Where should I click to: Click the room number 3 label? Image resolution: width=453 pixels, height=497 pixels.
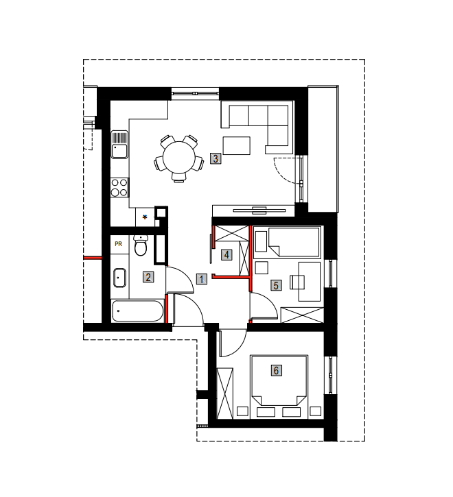coord(216,158)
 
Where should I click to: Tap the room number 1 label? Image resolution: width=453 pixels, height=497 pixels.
coord(201,279)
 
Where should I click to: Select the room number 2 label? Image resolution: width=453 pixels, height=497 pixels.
coord(148,278)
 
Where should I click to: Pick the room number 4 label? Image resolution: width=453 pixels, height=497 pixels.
coord(226,255)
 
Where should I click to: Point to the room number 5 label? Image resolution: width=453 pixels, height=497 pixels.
coord(276,285)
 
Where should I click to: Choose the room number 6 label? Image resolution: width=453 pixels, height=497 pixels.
coord(276,370)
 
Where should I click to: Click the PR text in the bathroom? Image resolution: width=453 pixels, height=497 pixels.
coord(119,244)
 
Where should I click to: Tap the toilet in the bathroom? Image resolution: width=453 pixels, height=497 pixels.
coord(140,245)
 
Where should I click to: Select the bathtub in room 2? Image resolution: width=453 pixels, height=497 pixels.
coord(137,311)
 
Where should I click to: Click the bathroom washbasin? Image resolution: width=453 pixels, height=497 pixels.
coord(119,278)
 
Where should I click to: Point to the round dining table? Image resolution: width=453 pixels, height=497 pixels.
coord(179,157)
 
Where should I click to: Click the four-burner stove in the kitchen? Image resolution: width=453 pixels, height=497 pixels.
coord(119,188)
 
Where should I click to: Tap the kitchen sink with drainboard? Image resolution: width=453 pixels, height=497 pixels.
coord(119,145)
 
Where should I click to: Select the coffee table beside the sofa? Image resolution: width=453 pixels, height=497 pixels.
coord(237,145)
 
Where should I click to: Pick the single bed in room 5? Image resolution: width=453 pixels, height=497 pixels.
coord(288,242)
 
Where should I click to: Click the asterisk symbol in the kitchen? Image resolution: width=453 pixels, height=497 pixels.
coord(145,217)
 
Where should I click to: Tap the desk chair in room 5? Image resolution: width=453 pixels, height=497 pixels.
coord(297,282)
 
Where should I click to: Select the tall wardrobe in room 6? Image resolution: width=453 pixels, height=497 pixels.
coord(224,393)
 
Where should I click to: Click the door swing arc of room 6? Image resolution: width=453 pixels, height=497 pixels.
coord(239,348)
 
